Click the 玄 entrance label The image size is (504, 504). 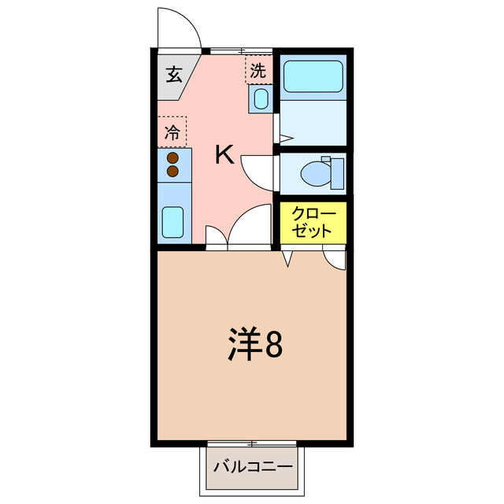(x=173, y=76)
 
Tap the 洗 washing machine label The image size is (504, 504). (x=258, y=71)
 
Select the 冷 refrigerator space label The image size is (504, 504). (x=172, y=133)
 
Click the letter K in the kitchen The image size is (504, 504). (x=224, y=155)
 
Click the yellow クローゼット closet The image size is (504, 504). (x=313, y=224)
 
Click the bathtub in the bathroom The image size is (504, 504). (x=313, y=76)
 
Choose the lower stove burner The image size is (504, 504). (x=172, y=171)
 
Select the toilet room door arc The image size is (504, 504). (x=259, y=170)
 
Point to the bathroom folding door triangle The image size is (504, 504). (x=286, y=138)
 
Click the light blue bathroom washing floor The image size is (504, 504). (x=313, y=118)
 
